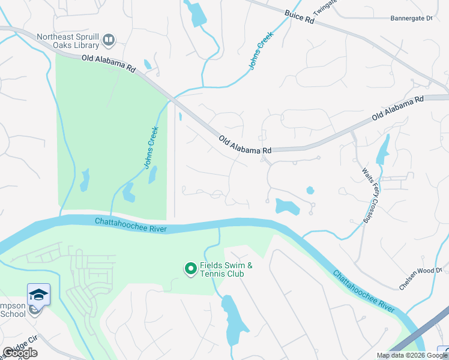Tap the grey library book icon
tap(109, 40)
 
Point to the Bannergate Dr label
tap(411, 19)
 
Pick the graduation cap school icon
tap(38, 294)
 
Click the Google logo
tap(20, 353)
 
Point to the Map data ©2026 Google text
tap(412, 355)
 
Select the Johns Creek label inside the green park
tap(151, 147)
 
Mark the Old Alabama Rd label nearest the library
tap(110, 64)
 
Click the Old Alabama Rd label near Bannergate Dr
tap(398, 108)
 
